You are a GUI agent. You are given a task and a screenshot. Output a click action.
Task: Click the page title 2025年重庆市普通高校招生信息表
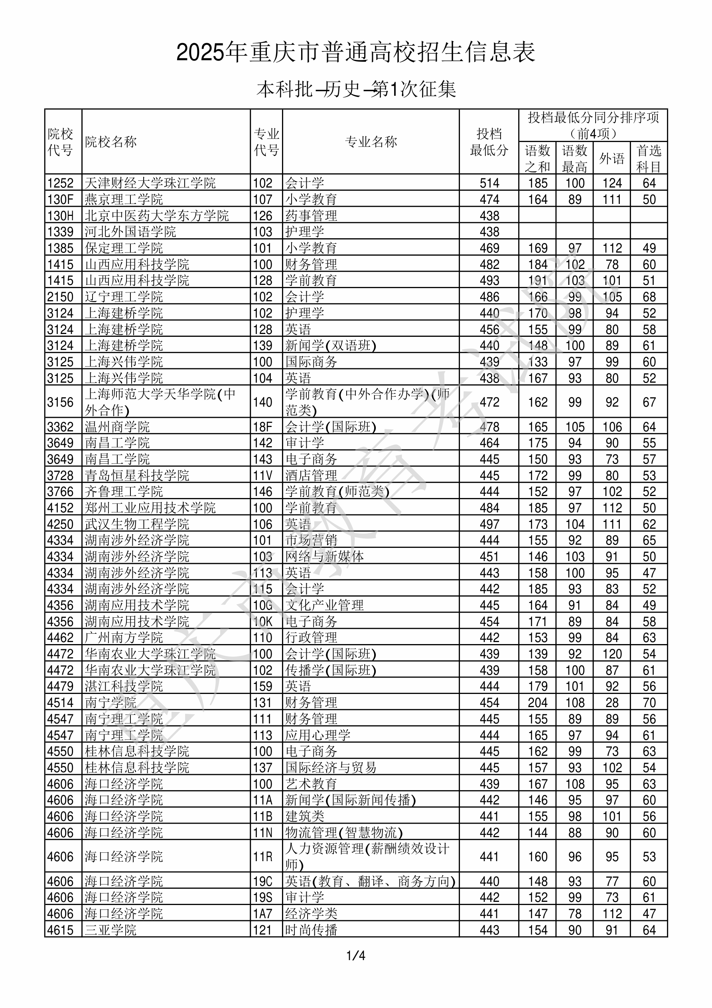355,52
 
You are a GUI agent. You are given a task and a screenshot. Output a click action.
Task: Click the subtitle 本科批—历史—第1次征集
356,89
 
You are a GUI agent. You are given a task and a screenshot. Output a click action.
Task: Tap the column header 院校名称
111,142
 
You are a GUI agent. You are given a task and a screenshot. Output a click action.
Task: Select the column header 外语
611,158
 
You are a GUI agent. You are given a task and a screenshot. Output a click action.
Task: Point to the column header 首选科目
649,158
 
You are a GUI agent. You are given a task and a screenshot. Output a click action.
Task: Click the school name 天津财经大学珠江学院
150,183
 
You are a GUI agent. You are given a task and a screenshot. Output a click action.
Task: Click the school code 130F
60,199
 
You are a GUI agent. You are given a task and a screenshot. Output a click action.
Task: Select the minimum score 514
489,183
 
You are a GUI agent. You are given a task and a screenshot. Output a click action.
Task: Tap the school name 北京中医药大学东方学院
157,215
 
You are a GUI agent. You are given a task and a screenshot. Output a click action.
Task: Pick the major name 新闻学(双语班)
331,346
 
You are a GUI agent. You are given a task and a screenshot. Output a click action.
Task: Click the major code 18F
262,427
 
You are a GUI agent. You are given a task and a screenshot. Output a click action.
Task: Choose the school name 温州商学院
117,427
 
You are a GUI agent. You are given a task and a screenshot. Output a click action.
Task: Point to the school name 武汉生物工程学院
137,524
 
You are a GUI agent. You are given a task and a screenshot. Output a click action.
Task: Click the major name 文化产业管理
324,605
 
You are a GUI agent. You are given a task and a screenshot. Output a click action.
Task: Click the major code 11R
262,856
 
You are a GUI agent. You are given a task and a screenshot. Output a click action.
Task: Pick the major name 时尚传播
311,930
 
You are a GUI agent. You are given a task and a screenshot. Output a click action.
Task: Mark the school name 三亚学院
110,930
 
